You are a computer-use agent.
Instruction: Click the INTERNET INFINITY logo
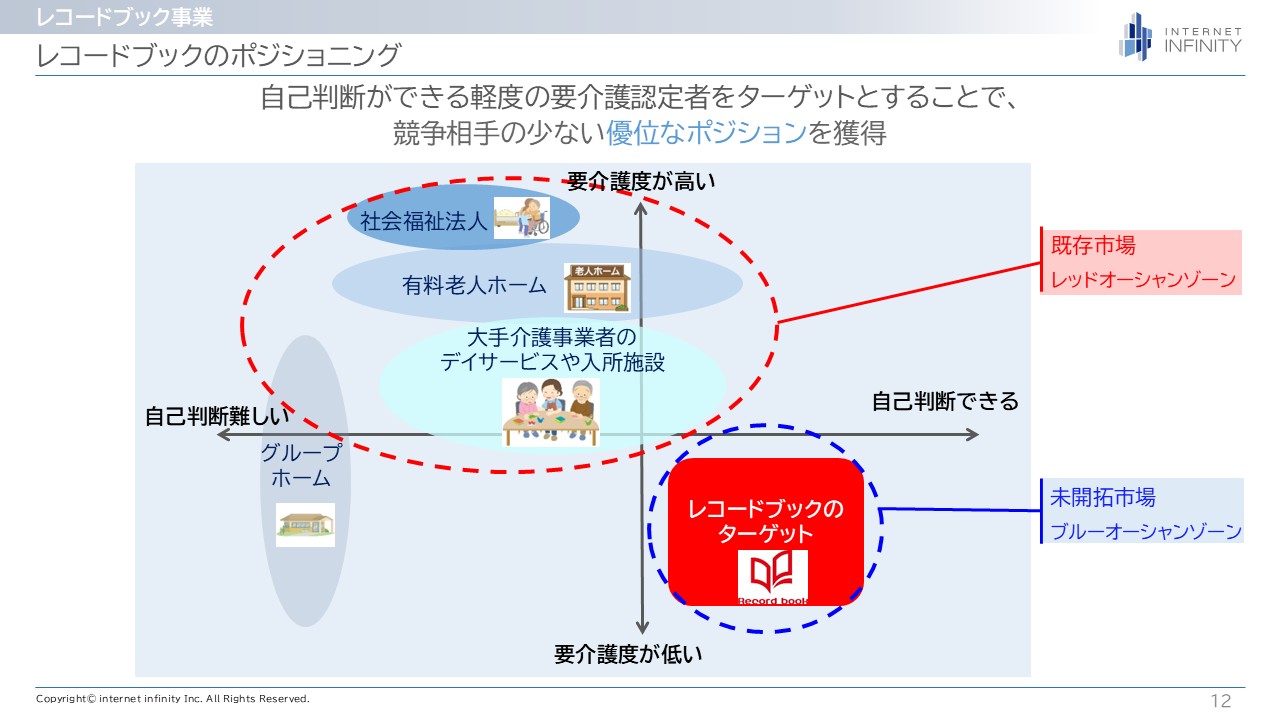click(1180, 37)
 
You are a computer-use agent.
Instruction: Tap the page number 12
click(1220, 701)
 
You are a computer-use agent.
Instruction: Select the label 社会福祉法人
click(424, 220)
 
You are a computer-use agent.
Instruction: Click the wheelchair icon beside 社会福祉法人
click(521, 217)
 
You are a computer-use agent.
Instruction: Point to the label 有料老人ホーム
click(474, 286)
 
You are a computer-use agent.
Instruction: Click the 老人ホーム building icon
click(597, 287)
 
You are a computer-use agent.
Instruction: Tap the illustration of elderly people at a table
click(550, 411)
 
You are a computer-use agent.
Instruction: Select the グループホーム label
click(301, 465)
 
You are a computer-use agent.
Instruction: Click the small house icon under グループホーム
click(305, 523)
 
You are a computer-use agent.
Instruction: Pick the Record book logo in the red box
click(772, 577)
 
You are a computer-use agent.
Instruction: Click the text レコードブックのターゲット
click(766, 521)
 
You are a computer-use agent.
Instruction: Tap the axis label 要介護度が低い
click(628, 655)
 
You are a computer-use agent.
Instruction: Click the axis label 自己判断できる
click(945, 401)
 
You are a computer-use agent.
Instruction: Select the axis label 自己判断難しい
click(216, 416)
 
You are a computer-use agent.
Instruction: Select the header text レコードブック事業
click(124, 16)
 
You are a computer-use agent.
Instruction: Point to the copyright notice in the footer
click(173, 699)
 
